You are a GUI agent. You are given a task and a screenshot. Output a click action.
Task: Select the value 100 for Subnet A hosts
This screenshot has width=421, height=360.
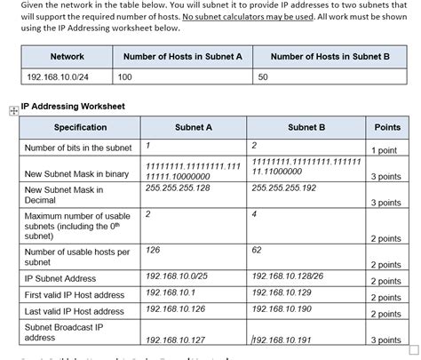click(124, 78)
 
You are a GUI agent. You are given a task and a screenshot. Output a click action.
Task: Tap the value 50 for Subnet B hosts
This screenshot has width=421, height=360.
click(263, 78)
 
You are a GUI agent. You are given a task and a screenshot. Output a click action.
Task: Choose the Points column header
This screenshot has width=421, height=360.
click(387, 127)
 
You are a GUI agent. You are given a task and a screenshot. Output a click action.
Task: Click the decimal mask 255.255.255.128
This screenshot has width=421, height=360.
click(178, 188)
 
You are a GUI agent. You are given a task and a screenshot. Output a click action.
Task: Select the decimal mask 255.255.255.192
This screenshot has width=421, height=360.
click(284, 188)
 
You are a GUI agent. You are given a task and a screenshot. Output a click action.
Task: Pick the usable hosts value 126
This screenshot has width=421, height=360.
click(153, 251)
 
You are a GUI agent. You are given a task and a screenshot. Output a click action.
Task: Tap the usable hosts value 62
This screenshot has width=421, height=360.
click(257, 251)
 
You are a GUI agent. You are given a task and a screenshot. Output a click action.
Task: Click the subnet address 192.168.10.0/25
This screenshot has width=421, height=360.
click(177, 276)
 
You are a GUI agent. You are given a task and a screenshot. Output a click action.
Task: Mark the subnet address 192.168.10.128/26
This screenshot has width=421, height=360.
click(288, 276)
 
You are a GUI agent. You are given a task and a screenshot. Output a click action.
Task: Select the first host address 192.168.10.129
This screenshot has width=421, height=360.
click(282, 292)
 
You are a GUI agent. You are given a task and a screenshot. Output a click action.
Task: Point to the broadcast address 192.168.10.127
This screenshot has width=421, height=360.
click(175, 340)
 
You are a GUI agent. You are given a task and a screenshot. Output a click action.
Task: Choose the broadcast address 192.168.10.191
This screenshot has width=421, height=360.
click(282, 340)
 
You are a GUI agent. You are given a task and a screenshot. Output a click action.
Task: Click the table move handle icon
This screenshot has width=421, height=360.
click(12, 111)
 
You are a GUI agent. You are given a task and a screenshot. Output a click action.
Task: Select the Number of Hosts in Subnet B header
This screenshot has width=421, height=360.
click(330, 56)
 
